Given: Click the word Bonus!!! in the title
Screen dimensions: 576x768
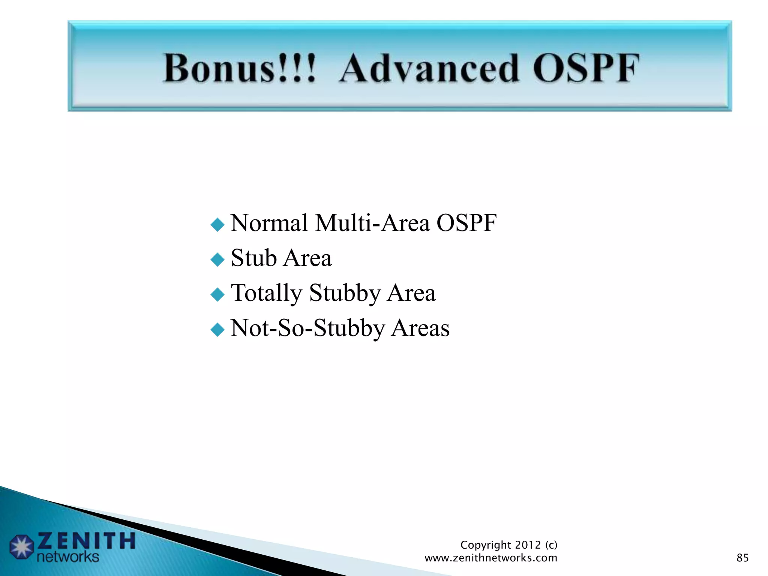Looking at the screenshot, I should pos(240,68).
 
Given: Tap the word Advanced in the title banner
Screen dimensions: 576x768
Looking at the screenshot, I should pos(429,68).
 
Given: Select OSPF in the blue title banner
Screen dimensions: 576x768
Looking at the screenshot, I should pos(586,68).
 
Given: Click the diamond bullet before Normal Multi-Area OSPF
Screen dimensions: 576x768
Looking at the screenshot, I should pos(217,225).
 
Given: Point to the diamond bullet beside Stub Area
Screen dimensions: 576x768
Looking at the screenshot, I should pos(217,259).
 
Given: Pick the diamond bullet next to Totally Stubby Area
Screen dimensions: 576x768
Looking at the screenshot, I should pos(217,295).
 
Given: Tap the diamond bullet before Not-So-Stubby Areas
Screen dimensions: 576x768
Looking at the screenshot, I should pos(217,330).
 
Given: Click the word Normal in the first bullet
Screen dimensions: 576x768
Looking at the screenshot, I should pos(269,223).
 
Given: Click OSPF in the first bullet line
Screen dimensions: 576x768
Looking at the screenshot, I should pos(466,223).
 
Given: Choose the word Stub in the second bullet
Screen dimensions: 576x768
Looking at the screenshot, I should pos(254,258).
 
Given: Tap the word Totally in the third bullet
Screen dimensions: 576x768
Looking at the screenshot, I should pos(267,293).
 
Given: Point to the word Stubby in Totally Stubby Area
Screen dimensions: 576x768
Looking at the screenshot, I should pos(345,293).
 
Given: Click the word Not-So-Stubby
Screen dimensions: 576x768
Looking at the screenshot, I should pos(307,328).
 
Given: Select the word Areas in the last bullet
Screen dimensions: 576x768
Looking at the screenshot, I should pos(420,328).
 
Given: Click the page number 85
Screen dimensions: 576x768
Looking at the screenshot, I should pos(742,558).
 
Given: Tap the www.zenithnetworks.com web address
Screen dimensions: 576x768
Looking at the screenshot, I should pos(491,558).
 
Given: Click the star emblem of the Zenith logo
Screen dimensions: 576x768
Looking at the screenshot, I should pos(22,547).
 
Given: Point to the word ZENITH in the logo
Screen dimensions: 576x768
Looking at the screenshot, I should pos(86,541).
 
